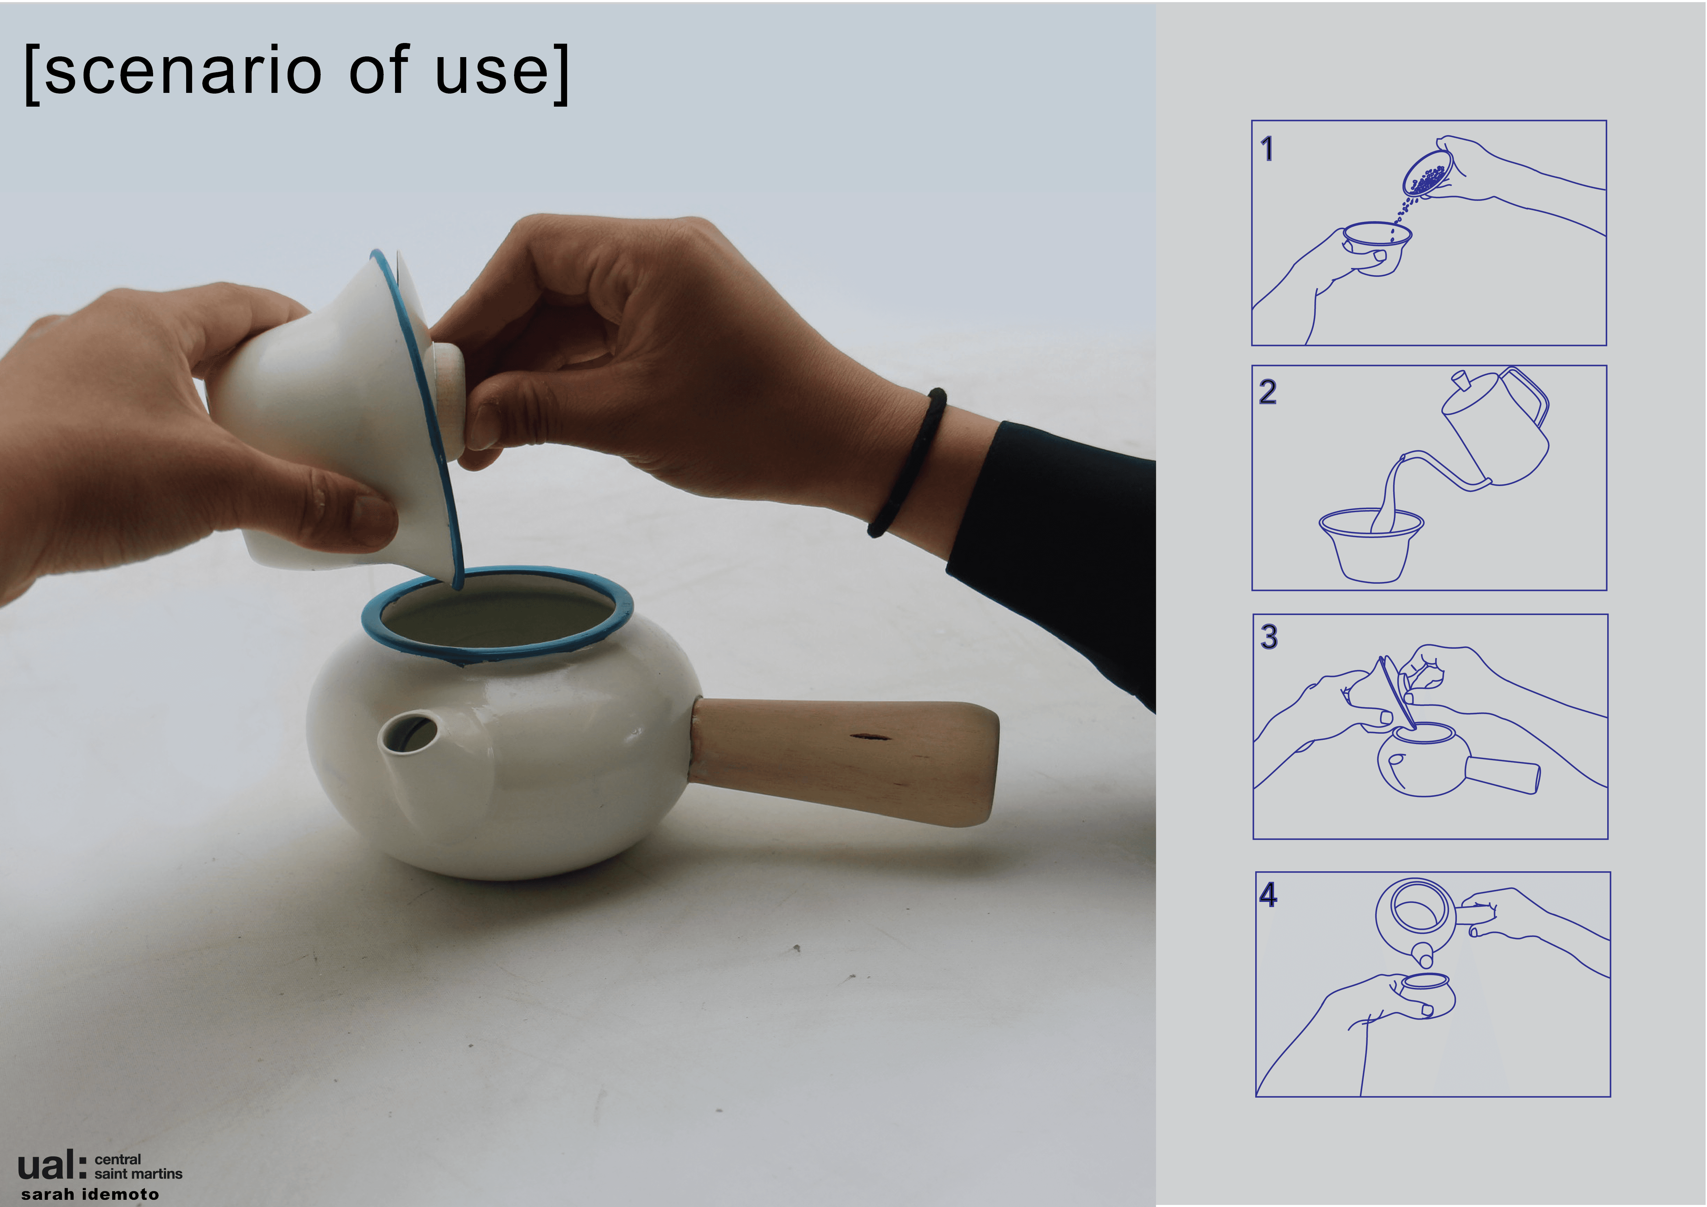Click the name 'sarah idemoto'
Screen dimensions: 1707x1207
pos(90,1194)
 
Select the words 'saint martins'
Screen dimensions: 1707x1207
pos(138,1174)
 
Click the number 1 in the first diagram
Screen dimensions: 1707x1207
pos(1267,149)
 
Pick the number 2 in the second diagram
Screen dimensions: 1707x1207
pos(1268,392)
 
